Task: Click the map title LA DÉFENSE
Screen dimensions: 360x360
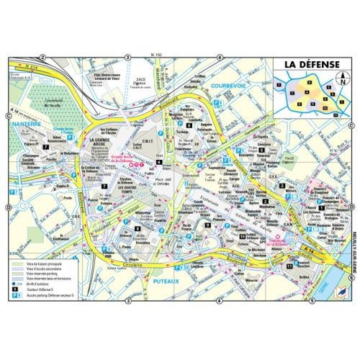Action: click(x=311, y=64)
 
